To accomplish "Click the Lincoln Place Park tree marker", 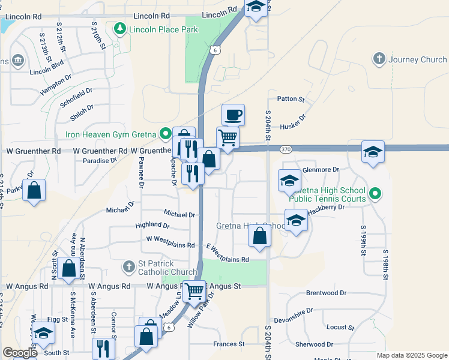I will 120,29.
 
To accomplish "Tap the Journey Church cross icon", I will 379,59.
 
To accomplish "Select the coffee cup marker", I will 233,114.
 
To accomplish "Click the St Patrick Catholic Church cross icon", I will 128,266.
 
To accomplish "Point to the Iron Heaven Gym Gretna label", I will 111,134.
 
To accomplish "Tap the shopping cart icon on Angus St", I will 194,292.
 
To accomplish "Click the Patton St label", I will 291,99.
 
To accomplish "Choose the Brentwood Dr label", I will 327,293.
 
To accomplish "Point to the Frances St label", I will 229,344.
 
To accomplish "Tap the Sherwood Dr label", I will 315,344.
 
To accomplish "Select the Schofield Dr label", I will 76,98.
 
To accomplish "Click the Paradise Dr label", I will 100,161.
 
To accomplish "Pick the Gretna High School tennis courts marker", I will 375,193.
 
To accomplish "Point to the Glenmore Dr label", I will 321,170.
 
